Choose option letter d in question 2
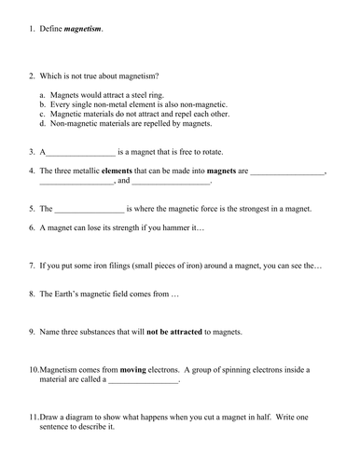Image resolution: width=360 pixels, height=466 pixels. (x=43, y=123)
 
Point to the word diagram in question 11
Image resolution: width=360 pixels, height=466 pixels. (x=87, y=418)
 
